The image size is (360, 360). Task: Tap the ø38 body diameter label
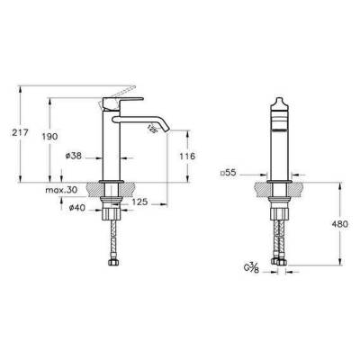point(75,155)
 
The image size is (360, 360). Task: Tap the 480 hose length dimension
point(341,223)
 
